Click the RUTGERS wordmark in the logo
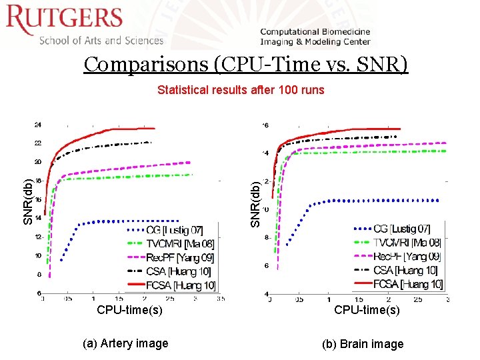tap(65, 20)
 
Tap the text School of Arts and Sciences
tap(101, 40)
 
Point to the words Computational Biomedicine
tap(315, 31)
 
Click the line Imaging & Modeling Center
tap(315, 41)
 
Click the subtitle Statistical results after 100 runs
tap(241, 89)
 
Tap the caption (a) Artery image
tap(125, 343)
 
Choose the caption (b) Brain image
tap(363, 344)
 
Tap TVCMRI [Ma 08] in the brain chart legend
tap(407, 243)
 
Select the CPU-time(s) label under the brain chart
tap(367, 310)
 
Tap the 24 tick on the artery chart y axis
tap(38, 125)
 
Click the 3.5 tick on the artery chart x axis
tap(220, 299)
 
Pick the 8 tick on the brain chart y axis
tap(266, 237)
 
